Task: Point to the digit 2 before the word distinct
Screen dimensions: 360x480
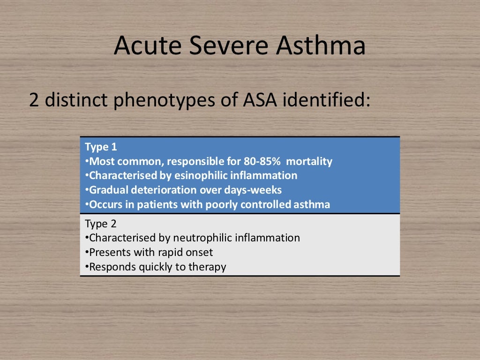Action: (34, 100)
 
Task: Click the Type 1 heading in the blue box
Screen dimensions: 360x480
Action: (100, 147)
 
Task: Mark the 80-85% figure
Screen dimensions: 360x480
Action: (262, 162)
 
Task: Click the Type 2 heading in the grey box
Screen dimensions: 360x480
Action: (101, 223)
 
